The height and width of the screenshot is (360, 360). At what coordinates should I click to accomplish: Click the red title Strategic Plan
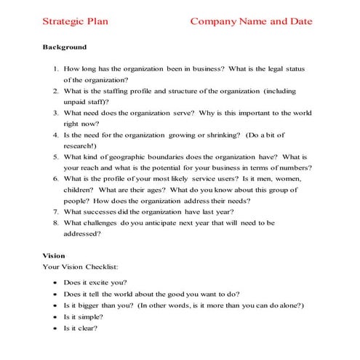click(76, 21)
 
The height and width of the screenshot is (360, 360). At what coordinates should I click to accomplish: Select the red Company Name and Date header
click(251, 21)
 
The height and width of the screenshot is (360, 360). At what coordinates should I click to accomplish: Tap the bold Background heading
click(65, 47)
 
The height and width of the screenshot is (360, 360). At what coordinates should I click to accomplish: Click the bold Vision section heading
click(54, 255)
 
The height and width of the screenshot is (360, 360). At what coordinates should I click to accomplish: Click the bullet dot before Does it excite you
click(56, 281)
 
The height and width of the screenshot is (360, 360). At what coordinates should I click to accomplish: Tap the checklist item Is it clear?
click(81, 328)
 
